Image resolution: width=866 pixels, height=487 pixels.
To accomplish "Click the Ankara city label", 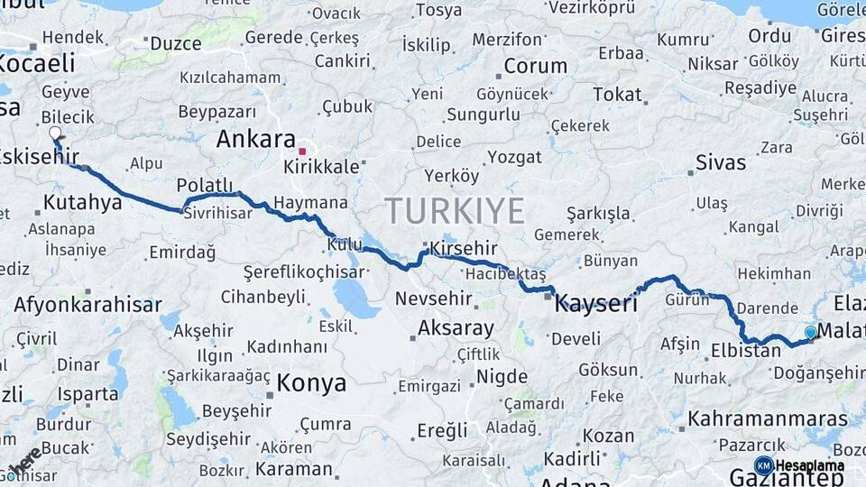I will click(255, 140).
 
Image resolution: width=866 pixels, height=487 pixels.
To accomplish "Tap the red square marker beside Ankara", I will click(303, 152).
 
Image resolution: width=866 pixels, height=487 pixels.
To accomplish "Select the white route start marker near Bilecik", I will click(55, 133).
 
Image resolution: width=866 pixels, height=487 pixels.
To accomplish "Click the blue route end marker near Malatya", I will click(810, 333).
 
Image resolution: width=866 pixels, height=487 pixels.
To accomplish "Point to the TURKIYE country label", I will click(455, 211).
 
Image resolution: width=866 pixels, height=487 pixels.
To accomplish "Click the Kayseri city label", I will click(595, 303).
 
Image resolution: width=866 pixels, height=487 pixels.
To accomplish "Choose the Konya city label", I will click(310, 383).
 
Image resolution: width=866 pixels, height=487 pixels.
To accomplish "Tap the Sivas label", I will click(721, 163).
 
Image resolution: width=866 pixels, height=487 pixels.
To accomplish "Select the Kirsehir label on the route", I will click(464, 248).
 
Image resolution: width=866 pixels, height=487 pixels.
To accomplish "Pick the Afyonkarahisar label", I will click(88, 305).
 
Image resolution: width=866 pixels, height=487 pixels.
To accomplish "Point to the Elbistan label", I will click(745, 351).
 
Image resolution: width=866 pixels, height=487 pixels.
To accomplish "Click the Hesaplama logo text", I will click(810, 465).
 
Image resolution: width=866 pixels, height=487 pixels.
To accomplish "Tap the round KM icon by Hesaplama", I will click(763, 465).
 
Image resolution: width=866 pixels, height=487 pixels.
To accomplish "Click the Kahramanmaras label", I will click(769, 419).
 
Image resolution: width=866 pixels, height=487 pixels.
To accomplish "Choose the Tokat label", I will click(617, 95).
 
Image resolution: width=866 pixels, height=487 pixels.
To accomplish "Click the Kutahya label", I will click(82, 202).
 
